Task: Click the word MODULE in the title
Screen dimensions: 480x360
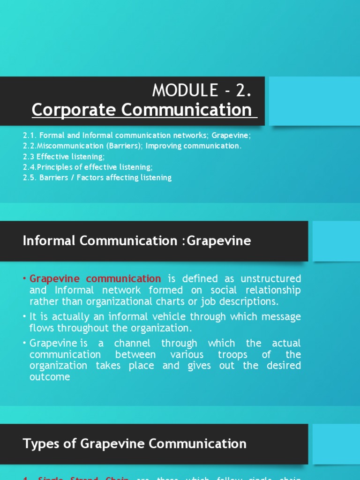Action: point(186,90)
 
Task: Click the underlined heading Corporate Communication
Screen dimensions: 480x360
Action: point(142,110)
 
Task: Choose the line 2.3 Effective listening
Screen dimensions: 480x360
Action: point(64,157)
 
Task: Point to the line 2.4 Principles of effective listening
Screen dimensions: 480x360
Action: point(88,167)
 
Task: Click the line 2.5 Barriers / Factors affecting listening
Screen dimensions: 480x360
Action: point(97,178)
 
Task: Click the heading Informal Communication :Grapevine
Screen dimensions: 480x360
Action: point(137,241)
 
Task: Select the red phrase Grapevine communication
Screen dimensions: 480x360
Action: point(95,279)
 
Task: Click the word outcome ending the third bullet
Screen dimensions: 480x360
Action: point(50,376)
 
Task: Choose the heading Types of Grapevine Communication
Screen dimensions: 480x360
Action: point(135,443)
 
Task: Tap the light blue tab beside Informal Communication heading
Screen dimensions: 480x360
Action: point(335,241)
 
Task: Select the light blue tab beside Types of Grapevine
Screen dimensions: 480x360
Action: point(335,443)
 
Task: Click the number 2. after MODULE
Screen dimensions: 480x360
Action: point(243,90)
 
